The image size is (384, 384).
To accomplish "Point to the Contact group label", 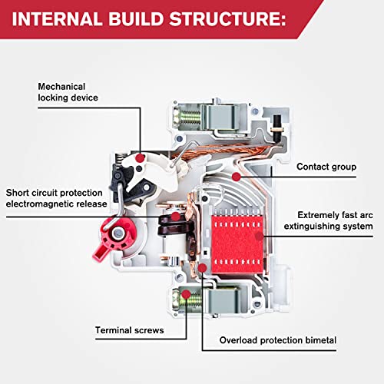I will click(x=323, y=166).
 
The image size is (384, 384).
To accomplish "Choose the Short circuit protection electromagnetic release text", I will click(x=57, y=198).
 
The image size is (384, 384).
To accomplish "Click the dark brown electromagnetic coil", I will click(x=167, y=230).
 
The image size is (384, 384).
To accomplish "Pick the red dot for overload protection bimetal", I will click(x=203, y=268).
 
